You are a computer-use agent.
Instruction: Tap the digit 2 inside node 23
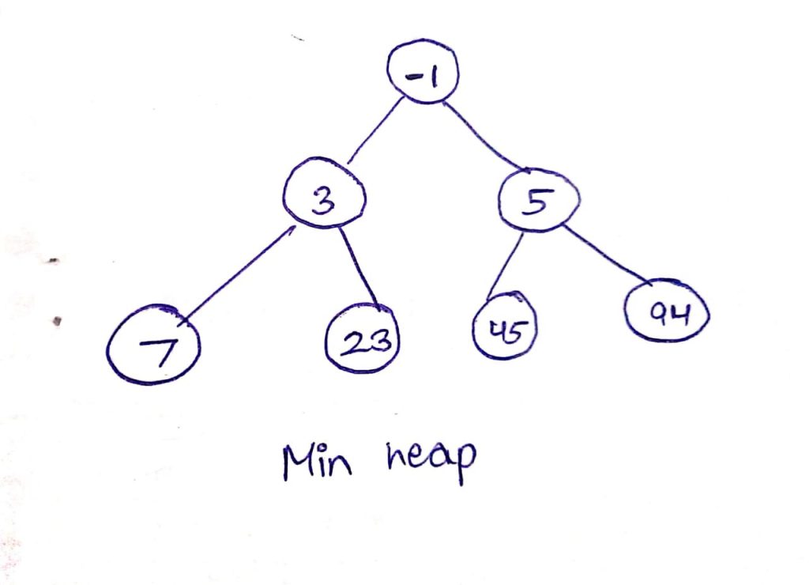click(353, 342)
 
